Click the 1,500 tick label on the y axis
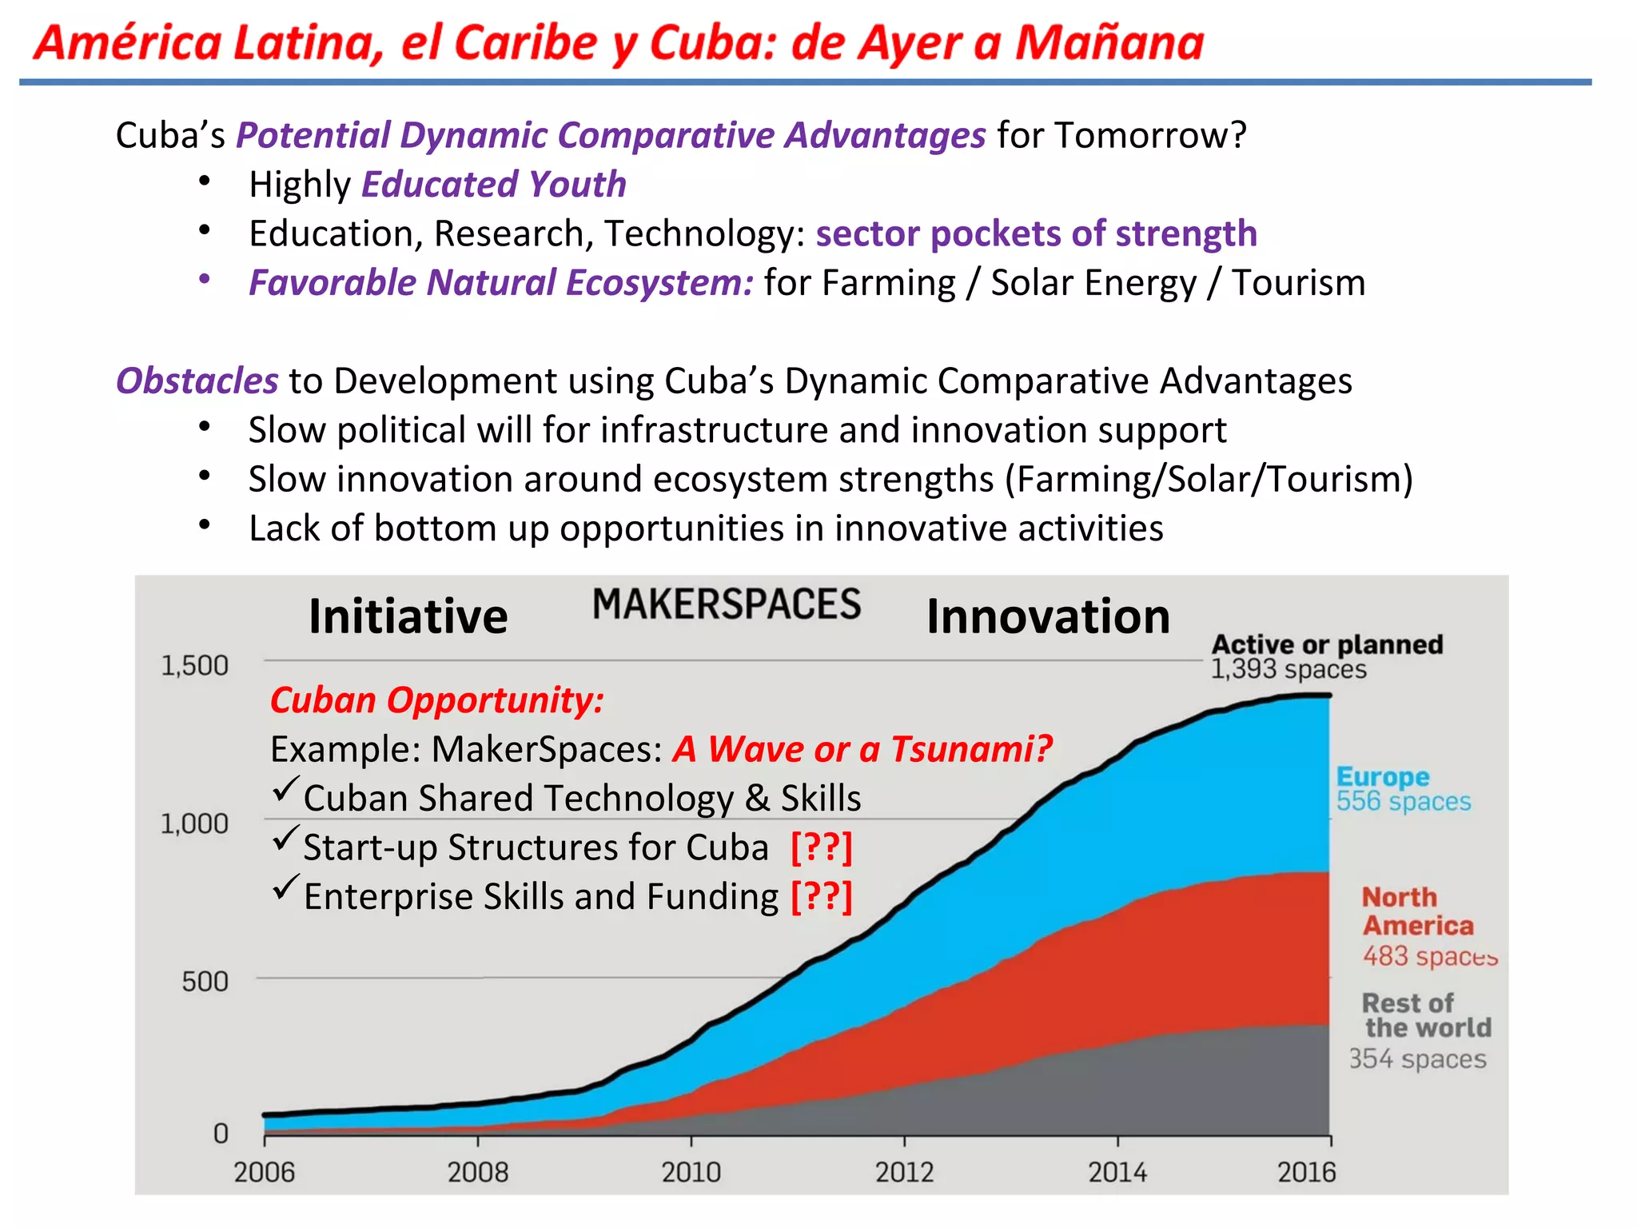coord(194,665)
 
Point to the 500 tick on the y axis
coord(205,981)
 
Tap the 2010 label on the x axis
coord(691,1172)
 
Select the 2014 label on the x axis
coord(1117,1172)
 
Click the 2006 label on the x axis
coord(264,1172)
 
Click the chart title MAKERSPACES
coord(726,604)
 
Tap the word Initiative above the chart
coord(408,616)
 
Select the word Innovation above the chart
coord(1048,616)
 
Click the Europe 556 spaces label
coord(1403,789)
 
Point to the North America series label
coord(1418,911)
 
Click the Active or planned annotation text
coord(1327,644)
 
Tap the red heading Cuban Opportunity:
coord(436,700)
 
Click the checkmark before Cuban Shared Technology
coord(285,790)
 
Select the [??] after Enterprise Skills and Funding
coord(821,896)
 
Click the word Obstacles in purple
coord(197,381)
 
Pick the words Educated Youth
coord(493,185)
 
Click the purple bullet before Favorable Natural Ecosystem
coord(205,279)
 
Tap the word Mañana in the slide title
coord(1109,42)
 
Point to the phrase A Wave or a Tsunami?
coord(862,749)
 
